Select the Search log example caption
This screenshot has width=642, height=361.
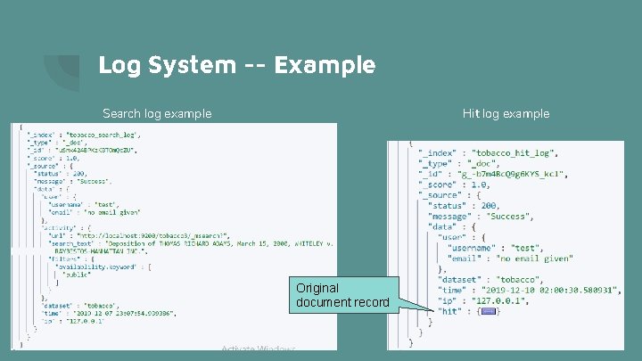tap(157, 113)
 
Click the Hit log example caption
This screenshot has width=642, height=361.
tap(506, 113)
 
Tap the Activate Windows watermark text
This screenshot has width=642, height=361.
tap(258, 349)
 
